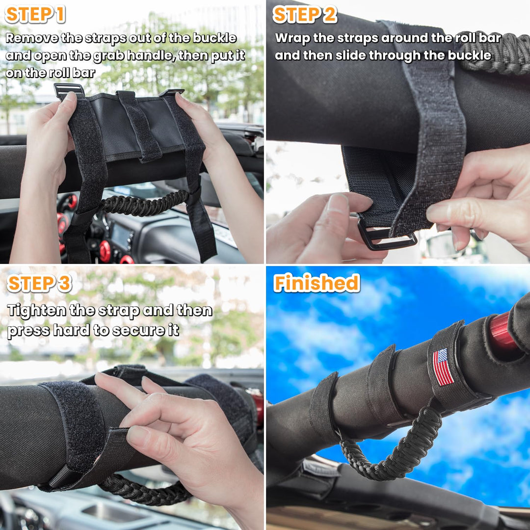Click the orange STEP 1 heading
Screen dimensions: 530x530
pyautogui.click(x=35, y=15)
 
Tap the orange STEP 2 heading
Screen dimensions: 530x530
pyautogui.click(x=305, y=15)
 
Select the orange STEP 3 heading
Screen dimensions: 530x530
pyautogui.click(x=39, y=283)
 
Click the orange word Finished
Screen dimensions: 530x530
pyautogui.click(x=317, y=283)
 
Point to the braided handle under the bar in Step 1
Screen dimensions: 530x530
pyautogui.click(x=145, y=204)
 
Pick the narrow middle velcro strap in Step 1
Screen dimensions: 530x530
pyautogui.click(x=139, y=126)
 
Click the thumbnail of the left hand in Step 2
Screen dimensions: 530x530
pyautogui.click(x=338, y=203)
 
